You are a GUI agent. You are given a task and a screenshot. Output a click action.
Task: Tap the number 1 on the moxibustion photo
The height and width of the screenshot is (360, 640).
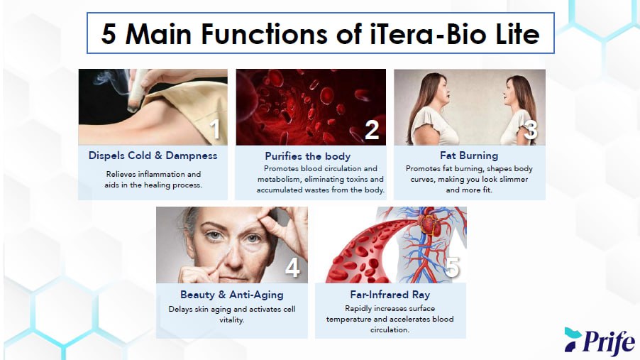coord(215,129)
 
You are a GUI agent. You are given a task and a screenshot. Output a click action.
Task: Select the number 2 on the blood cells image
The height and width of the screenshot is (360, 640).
coord(371,130)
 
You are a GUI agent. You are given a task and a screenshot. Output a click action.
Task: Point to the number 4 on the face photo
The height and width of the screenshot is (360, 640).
coord(292,268)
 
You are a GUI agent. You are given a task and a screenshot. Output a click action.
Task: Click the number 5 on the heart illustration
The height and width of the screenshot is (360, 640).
coord(452,268)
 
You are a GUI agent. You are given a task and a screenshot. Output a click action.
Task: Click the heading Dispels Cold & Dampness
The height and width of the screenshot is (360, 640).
coord(153,156)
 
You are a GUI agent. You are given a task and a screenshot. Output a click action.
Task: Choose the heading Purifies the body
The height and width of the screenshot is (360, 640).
coord(308,156)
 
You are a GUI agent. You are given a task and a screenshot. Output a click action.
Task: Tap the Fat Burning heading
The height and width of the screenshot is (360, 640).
coord(469,156)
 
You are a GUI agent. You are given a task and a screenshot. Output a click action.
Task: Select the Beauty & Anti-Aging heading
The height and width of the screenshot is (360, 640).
coord(232,295)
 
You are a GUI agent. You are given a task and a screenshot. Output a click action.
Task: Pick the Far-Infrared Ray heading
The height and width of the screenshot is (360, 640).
coord(390,295)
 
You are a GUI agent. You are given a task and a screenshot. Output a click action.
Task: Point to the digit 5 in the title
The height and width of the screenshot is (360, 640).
coord(108,33)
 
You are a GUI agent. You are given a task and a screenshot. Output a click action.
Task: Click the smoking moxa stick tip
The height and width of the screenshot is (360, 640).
coord(133,107)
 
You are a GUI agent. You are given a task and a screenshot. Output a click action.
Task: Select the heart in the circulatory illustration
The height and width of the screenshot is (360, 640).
coord(429,224)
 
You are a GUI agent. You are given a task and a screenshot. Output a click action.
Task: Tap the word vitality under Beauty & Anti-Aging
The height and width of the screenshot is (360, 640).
coord(232,320)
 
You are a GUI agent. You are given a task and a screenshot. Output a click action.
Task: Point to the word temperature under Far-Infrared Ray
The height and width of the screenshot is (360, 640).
coord(348,320)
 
